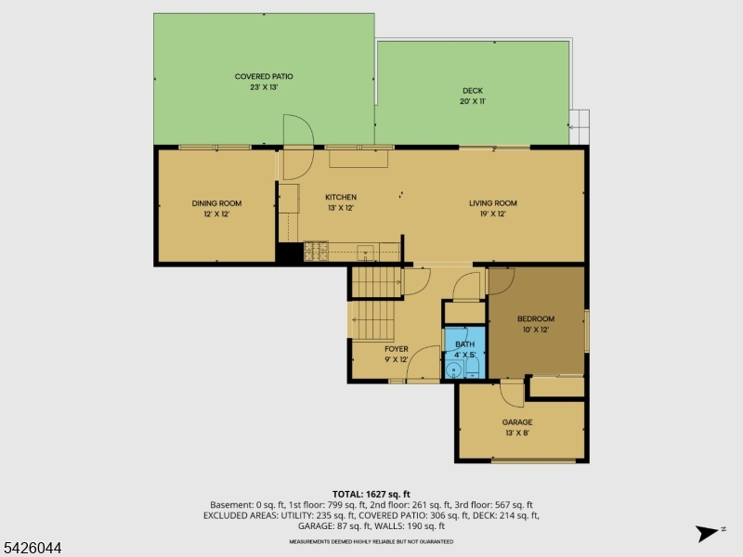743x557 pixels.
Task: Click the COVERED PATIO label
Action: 264,76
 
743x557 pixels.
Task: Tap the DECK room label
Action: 473,90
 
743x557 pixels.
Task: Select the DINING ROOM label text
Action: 216,203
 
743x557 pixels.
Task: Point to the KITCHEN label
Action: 341,197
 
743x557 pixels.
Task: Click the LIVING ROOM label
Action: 493,203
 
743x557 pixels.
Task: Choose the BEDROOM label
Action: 536,318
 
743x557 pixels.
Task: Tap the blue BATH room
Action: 465,353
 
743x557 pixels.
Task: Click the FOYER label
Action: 397,349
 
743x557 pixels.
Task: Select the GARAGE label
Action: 517,422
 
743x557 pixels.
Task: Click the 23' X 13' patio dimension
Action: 264,87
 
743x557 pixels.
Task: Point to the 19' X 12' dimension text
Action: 493,214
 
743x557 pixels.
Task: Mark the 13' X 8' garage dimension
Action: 517,433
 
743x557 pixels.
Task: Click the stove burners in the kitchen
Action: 316,251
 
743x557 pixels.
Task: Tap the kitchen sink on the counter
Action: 366,253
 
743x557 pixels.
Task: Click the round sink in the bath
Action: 454,369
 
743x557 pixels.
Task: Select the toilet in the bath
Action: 473,368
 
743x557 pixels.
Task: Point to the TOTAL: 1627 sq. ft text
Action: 371,495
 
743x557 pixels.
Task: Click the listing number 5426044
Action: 31,548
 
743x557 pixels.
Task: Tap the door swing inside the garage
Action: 513,393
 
